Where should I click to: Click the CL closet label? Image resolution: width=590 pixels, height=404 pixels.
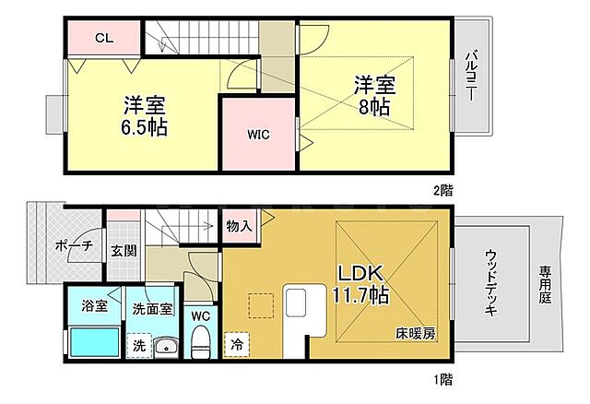[x=103, y=38]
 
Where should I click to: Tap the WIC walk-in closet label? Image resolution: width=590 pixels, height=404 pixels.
[x=257, y=134]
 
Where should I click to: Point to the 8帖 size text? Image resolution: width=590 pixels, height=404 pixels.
[x=374, y=106]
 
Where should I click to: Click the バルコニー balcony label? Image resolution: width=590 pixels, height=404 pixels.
[x=470, y=78]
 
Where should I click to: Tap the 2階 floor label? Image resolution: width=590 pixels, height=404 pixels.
[x=442, y=190]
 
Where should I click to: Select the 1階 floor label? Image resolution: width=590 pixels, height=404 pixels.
[x=442, y=378]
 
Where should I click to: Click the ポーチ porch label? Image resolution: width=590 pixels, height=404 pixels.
[x=73, y=246]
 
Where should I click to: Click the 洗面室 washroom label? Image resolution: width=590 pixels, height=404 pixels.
[x=152, y=309]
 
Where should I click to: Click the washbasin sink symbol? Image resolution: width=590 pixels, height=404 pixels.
[x=166, y=348]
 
